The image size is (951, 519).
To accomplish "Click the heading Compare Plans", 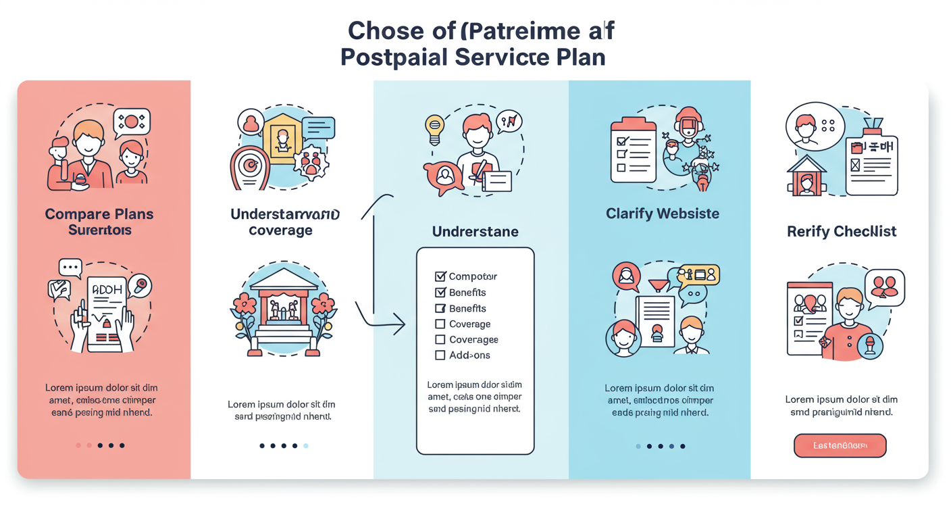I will coord(99,214).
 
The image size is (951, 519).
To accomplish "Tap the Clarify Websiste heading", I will coord(663,214).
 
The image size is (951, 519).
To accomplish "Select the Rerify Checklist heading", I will coord(842,231).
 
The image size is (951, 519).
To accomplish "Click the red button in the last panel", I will coord(840,445).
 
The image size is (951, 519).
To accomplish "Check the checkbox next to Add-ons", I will coord(440,355).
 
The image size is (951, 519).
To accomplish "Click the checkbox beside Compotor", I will coord(440,276).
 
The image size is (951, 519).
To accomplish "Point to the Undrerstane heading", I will coord(475,232).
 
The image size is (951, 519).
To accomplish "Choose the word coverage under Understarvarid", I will coord(280,230).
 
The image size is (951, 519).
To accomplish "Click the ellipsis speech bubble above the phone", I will coord(70,268).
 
